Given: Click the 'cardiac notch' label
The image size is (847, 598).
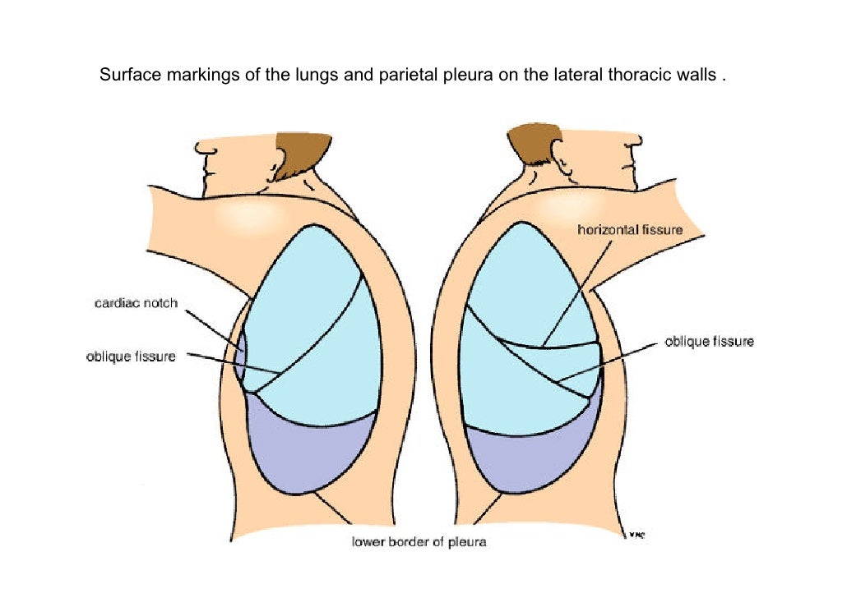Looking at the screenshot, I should pos(137,304).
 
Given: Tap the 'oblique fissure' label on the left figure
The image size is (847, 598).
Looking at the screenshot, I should pos(131,357).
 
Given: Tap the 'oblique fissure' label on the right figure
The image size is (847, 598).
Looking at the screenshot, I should pos(709,341).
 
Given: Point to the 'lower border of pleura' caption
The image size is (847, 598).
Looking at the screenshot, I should pos(419,542).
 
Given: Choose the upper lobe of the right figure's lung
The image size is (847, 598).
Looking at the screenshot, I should pos(526,279).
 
